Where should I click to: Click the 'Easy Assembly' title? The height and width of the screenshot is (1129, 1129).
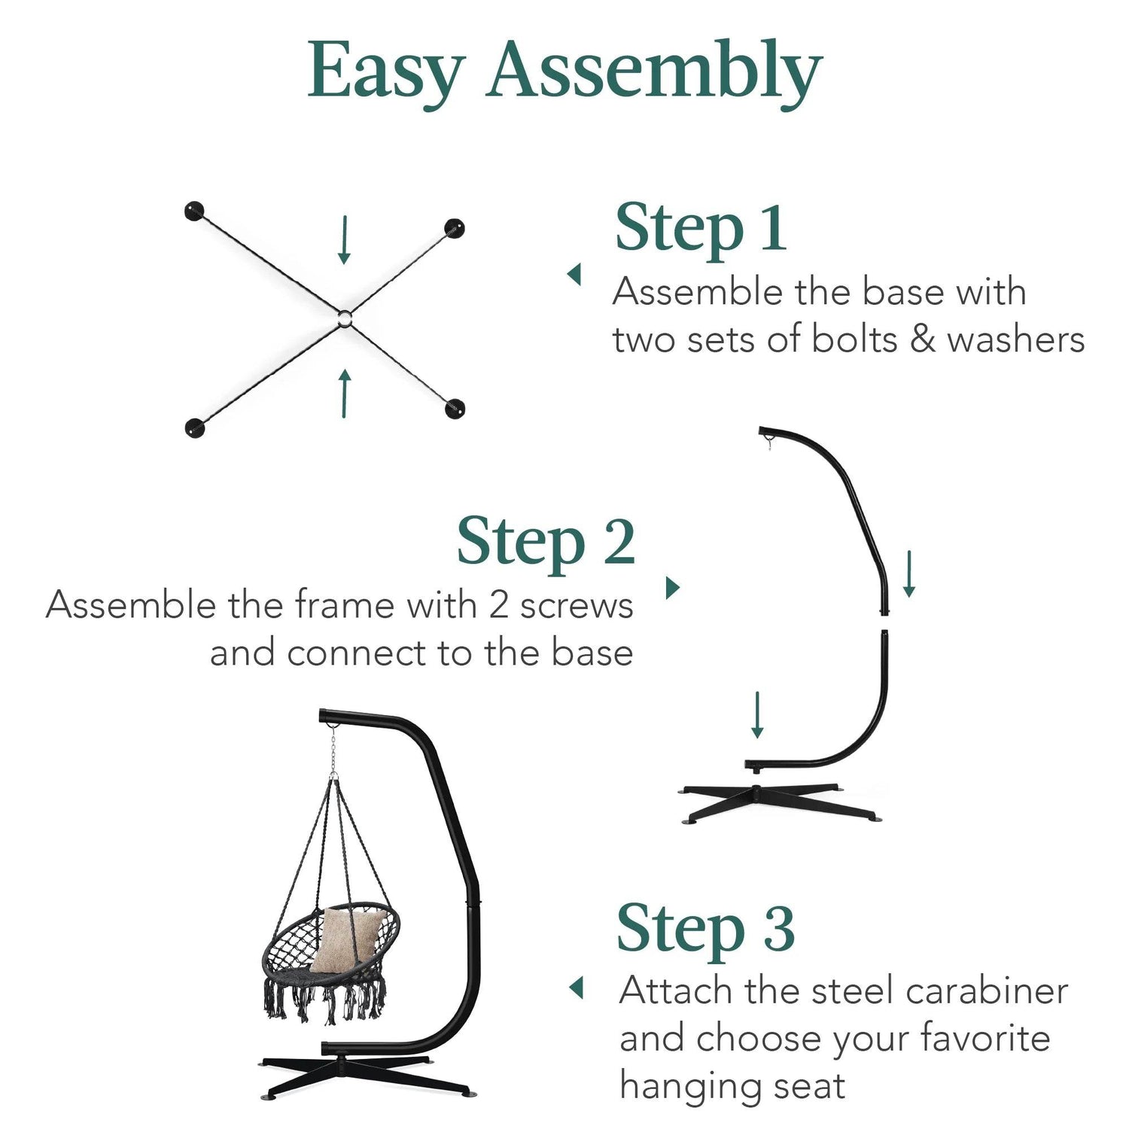(x=564, y=72)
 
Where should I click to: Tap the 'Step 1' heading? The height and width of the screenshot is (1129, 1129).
(x=701, y=228)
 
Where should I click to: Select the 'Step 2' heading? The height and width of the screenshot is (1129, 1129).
(x=546, y=543)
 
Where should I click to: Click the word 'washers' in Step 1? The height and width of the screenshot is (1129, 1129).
(x=1016, y=339)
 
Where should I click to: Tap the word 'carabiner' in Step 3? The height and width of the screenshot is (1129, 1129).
(x=987, y=991)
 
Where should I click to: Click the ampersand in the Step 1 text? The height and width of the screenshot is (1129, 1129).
(x=922, y=339)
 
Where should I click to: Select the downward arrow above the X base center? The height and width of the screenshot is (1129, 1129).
(x=345, y=239)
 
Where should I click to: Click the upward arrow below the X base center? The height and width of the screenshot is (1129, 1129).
(x=345, y=393)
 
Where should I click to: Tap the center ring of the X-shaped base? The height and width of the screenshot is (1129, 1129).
(x=344, y=318)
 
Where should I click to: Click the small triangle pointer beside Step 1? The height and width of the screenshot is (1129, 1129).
(x=574, y=274)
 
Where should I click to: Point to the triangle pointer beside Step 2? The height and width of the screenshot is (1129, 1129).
(x=674, y=587)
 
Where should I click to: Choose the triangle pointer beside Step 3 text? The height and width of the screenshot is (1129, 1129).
(x=577, y=987)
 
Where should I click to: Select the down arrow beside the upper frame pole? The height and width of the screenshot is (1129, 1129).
(x=909, y=574)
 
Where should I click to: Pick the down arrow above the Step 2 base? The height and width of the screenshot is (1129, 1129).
(x=758, y=714)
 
